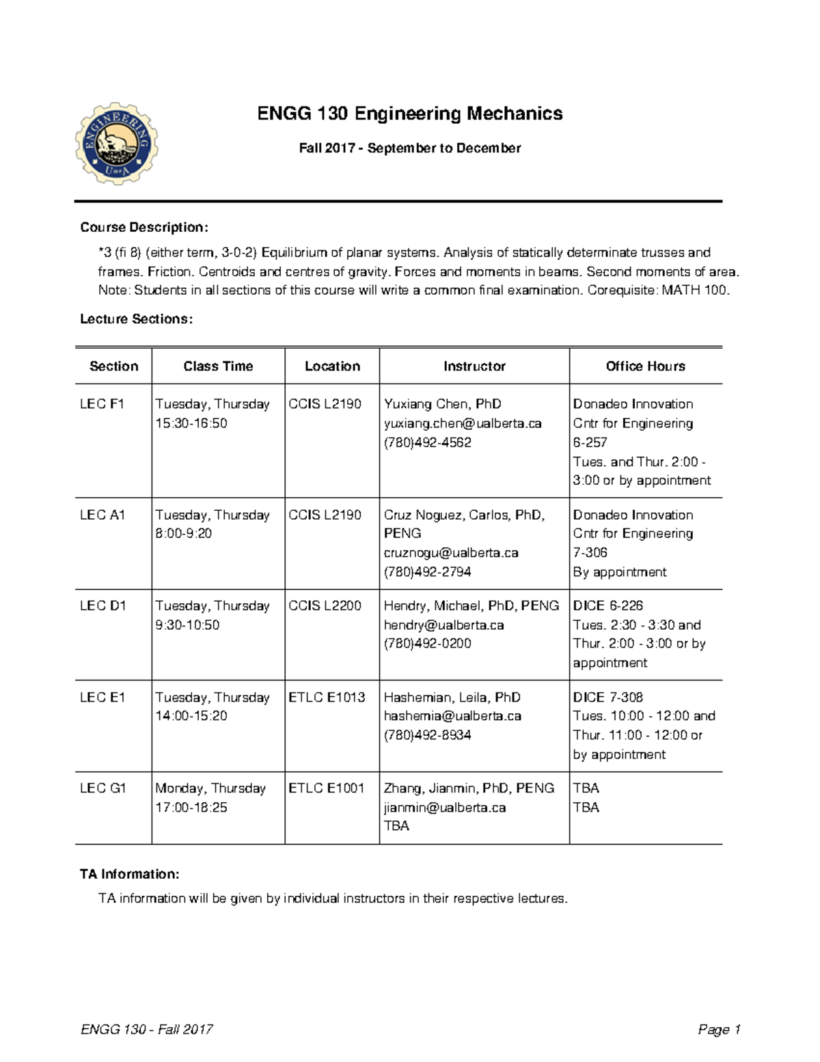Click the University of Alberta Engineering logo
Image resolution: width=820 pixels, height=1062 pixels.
click(x=117, y=144)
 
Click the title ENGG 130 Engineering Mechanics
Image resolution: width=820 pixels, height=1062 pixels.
click(x=409, y=114)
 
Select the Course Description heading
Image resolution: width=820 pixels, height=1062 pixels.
click(x=143, y=227)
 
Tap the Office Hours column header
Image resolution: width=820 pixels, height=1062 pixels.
click(x=645, y=367)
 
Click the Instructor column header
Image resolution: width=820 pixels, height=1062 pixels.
click(x=474, y=367)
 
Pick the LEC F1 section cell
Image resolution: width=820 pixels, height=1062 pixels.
click(x=102, y=404)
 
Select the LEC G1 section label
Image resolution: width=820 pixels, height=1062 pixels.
click(x=103, y=788)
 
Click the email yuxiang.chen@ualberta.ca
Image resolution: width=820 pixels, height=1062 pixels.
click(x=463, y=423)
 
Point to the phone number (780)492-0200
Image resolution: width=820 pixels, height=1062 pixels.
click(x=427, y=643)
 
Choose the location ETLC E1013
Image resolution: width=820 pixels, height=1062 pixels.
click(x=327, y=698)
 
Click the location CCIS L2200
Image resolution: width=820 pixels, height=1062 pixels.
click(x=325, y=606)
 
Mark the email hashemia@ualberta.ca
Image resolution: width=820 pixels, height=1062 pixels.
click(x=452, y=716)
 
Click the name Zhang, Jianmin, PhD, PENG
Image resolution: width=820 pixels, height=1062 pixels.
click(x=469, y=788)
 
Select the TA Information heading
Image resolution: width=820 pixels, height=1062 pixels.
click(x=130, y=874)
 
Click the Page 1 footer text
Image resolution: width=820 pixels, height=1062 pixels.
click(x=719, y=1030)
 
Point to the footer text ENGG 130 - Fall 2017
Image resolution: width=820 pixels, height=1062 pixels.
click(x=147, y=1030)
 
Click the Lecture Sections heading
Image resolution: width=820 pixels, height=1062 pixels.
click(x=136, y=319)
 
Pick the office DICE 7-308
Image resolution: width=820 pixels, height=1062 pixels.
click(x=608, y=698)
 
